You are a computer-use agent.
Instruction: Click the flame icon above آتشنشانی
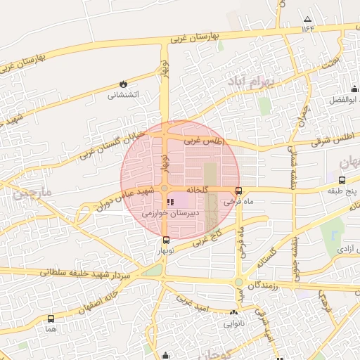124,84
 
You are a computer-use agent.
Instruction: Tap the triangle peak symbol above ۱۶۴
307,19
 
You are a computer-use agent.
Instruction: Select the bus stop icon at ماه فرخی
239,191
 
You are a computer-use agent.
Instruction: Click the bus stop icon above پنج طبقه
343,180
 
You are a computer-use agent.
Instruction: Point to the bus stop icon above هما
50,319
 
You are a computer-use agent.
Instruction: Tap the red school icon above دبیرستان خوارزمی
170,202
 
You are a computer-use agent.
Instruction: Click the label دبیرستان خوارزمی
171,212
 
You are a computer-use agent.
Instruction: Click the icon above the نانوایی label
233,313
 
